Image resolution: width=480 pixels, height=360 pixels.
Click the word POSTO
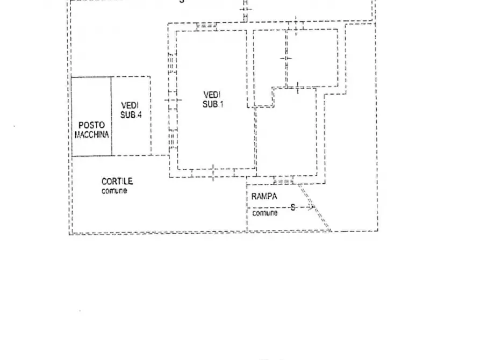pyautogui.click(x=91, y=125)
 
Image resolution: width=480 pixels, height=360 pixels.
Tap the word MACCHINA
pyautogui.click(x=91, y=134)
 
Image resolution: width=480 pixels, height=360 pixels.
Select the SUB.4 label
pyautogui.click(x=131, y=114)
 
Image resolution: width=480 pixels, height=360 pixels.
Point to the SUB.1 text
pyautogui.click(x=213, y=104)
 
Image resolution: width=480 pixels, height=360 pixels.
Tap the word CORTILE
pyautogui.click(x=117, y=182)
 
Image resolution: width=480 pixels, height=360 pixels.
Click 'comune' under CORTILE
pyautogui.click(x=114, y=191)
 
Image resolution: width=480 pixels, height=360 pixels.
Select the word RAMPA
pyautogui.click(x=264, y=197)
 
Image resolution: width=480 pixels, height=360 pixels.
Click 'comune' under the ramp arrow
pyautogui.click(x=265, y=213)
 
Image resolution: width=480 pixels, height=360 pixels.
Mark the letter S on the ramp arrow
pyautogui.click(x=292, y=206)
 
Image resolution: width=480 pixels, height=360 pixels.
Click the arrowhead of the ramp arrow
pyautogui.click(x=313, y=207)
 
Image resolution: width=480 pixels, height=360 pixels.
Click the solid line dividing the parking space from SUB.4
pyautogui.click(x=111, y=116)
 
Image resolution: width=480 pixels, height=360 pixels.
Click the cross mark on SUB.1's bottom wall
pyautogui.click(x=213, y=172)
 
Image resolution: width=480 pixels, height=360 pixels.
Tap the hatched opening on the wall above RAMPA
pyautogui.click(x=283, y=181)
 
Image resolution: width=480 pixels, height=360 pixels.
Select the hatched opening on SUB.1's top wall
pyautogui.click(x=206, y=25)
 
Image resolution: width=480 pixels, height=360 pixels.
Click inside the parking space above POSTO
pyautogui.click(x=91, y=99)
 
